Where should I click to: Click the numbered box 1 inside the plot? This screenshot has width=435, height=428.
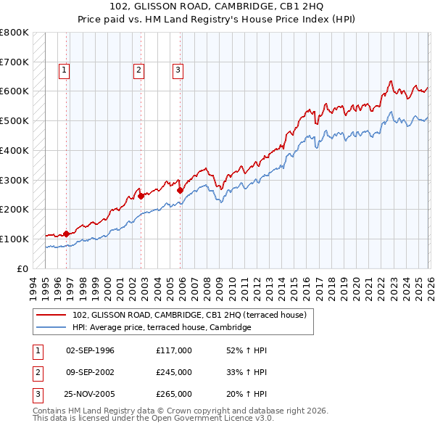pyautogui.click(x=65, y=70)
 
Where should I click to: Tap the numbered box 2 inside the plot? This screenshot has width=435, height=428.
pyautogui.click(x=138, y=70)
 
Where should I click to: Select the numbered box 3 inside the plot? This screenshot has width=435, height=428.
pyautogui.click(x=178, y=70)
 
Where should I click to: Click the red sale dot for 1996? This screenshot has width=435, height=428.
pyautogui.click(x=66, y=234)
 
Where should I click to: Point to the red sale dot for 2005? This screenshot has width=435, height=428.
pyautogui.click(x=180, y=190)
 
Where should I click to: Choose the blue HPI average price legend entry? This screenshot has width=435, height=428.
pyautogui.click(x=161, y=327)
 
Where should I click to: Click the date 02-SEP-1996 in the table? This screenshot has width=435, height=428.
pyautogui.click(x=90, y=350)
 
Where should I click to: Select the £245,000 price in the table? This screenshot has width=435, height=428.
pyautogui.click(x=173, y=372)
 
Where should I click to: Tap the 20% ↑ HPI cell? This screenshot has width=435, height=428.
pyautogui.click(x=246, y=394)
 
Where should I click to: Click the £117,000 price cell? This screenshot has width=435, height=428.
pyautogui.click(x=173, y=350)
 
